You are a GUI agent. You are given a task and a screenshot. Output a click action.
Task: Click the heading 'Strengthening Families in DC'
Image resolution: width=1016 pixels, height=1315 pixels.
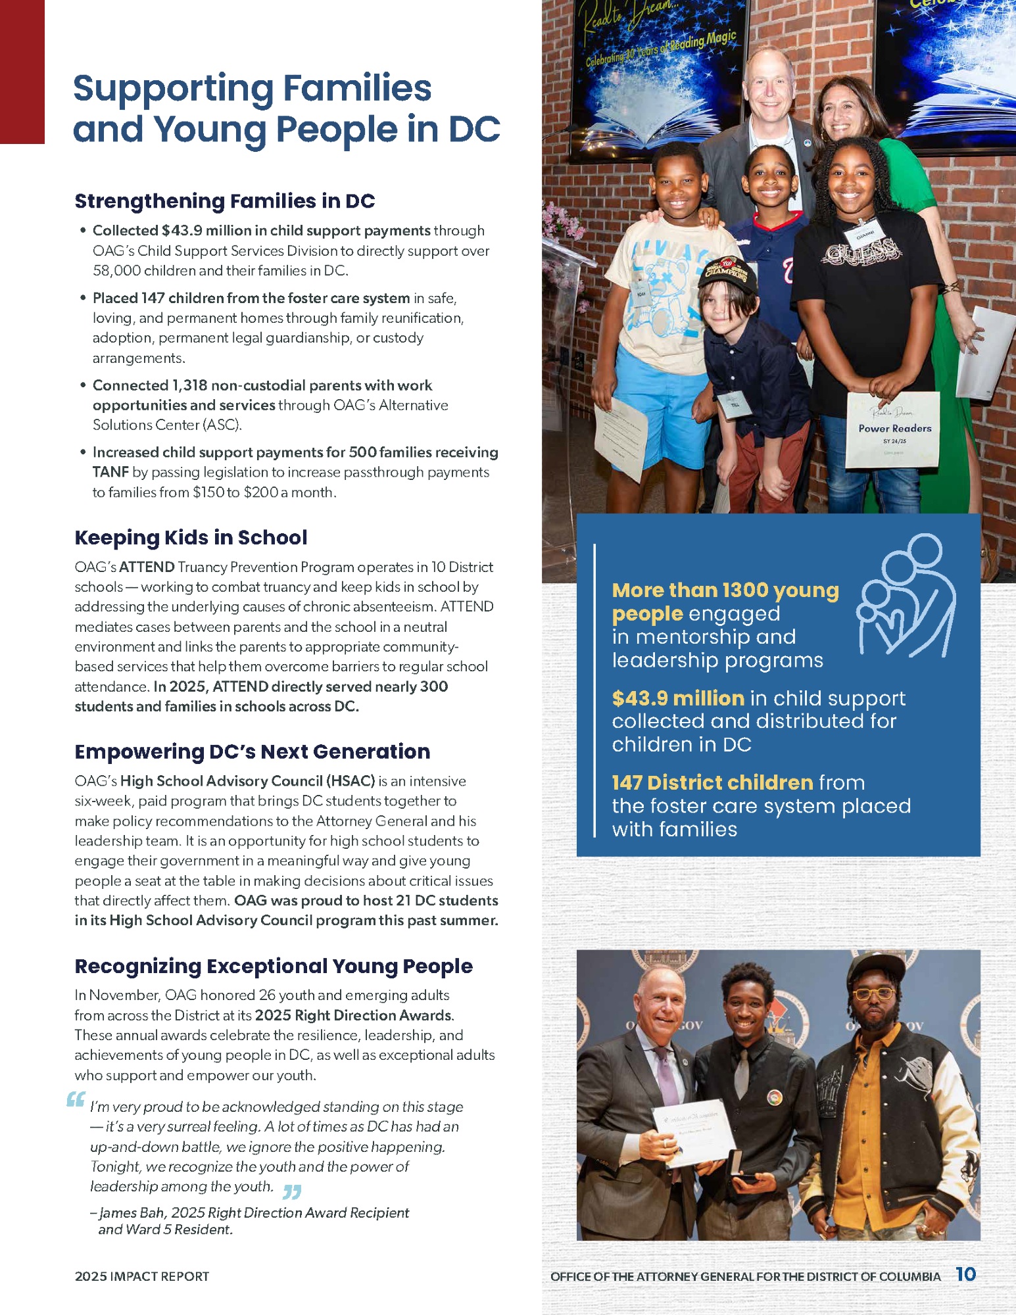click(224, 201)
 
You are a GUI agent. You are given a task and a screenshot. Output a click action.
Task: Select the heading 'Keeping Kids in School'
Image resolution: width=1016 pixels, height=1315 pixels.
click(191, 538)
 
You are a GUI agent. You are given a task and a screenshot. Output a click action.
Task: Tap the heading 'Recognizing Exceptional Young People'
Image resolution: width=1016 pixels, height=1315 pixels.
click(274, 967)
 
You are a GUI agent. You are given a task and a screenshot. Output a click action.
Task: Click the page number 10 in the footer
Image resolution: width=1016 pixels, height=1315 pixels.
click(965, 1274)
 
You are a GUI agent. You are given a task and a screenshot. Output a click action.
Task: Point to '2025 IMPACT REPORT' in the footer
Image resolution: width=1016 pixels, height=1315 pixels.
click(141, 1276)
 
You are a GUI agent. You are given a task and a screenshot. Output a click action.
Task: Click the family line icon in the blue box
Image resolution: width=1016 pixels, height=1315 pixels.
click(906, 596)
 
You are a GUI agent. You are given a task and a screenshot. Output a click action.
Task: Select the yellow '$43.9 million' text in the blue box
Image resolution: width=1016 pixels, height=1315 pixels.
click(677, 698)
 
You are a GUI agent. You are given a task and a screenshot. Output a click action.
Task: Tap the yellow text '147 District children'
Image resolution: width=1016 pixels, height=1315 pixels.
click(712, 782)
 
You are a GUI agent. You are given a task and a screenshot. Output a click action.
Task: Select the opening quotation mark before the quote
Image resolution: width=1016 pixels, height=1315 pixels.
click(76, 1099)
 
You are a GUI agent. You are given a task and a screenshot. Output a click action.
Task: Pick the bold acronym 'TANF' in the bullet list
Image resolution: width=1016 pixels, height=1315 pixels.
click(110, 472)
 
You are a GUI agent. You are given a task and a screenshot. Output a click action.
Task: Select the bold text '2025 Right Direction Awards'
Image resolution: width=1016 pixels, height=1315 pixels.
click(354, 1015)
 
